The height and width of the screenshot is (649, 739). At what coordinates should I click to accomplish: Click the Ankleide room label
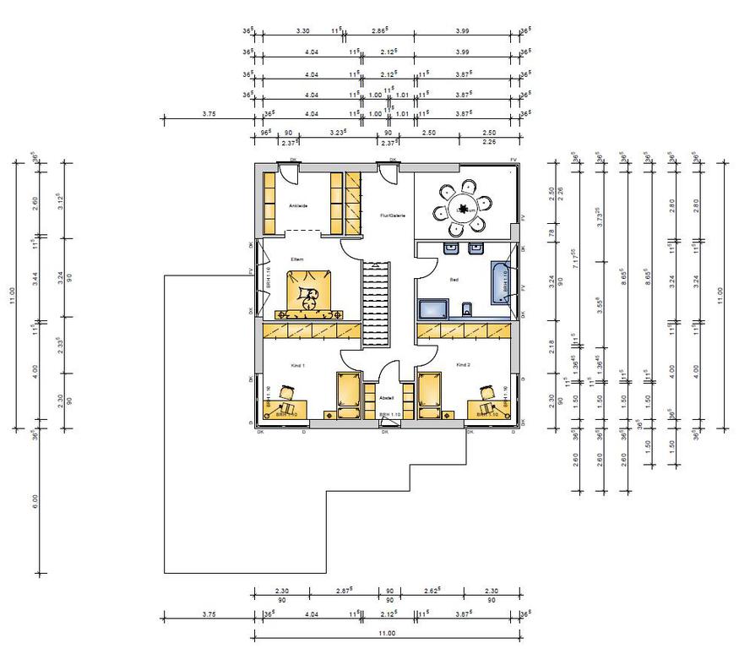[297, 205]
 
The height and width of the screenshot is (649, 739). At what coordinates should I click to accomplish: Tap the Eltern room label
[297, 259]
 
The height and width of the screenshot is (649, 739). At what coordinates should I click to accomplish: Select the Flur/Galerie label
[394, 215]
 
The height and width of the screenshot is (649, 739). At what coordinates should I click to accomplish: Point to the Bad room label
[454, 279]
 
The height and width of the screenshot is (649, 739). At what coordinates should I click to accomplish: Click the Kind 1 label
[297, 365]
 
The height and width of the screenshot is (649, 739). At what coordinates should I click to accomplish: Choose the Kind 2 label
[463, 365]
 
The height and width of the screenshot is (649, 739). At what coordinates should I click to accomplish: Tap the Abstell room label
[388, 397]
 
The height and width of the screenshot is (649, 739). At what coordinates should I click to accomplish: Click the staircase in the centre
[378, 304]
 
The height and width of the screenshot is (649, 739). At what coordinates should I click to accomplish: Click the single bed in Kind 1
[349, 395]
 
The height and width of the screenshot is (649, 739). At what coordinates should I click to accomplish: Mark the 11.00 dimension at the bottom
[387, 633]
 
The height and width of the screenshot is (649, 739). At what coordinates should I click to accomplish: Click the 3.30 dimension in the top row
[302, 30]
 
